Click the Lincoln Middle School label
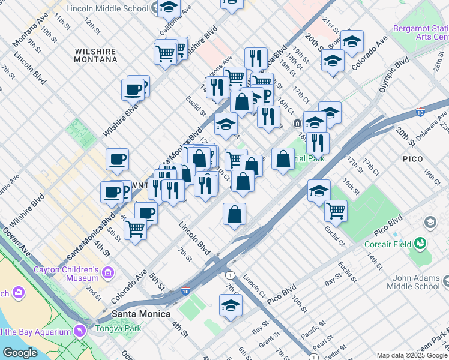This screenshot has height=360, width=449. pyautogui.click(x=107, y=8)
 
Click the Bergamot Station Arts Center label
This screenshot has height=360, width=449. pyautogui.click(x=421, y=32)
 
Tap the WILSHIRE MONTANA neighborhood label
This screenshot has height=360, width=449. pyautogui.click(x=96, y=55)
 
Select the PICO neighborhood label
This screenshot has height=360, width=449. pyautogui.click(x=414, y=159)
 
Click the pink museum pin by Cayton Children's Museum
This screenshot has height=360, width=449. pyautogui.click(x=108, y=274)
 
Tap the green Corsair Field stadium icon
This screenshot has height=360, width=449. pyautogui.click(x=420, y=244)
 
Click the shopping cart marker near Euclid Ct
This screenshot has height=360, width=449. pyautogui.click(x=336, y=211)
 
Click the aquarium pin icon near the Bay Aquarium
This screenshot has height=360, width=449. pyautogui.click(x=79, y=331)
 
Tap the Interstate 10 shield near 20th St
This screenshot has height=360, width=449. pyautogui.click(x=420, y=112)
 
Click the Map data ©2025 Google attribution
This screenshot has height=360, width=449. pyautogui.click(x=412, y=355)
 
